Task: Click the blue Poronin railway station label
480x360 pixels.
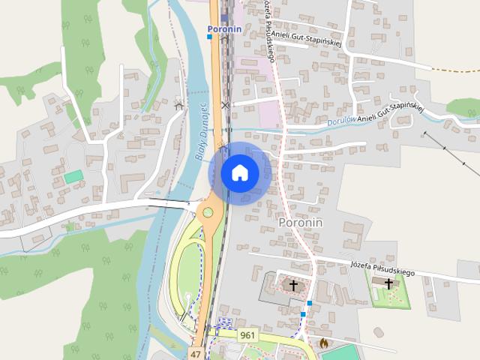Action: coord(224,29)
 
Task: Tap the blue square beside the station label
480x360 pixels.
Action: coord(210,36)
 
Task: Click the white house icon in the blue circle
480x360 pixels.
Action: coord(240,172)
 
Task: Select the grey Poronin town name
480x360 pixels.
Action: coord(300,223)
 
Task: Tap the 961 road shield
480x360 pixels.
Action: coord(248,335)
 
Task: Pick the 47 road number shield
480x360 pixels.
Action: coord(196,353)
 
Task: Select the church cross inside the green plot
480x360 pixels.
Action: coord(388,283)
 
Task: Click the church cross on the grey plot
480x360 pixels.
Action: coord(293,285)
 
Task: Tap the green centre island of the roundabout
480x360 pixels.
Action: coord(208,212)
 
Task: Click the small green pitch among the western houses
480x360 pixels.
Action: coord(73,176)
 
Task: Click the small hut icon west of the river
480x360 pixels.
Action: coord(178,105)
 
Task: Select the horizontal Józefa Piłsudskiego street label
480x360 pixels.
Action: coord(382,265)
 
